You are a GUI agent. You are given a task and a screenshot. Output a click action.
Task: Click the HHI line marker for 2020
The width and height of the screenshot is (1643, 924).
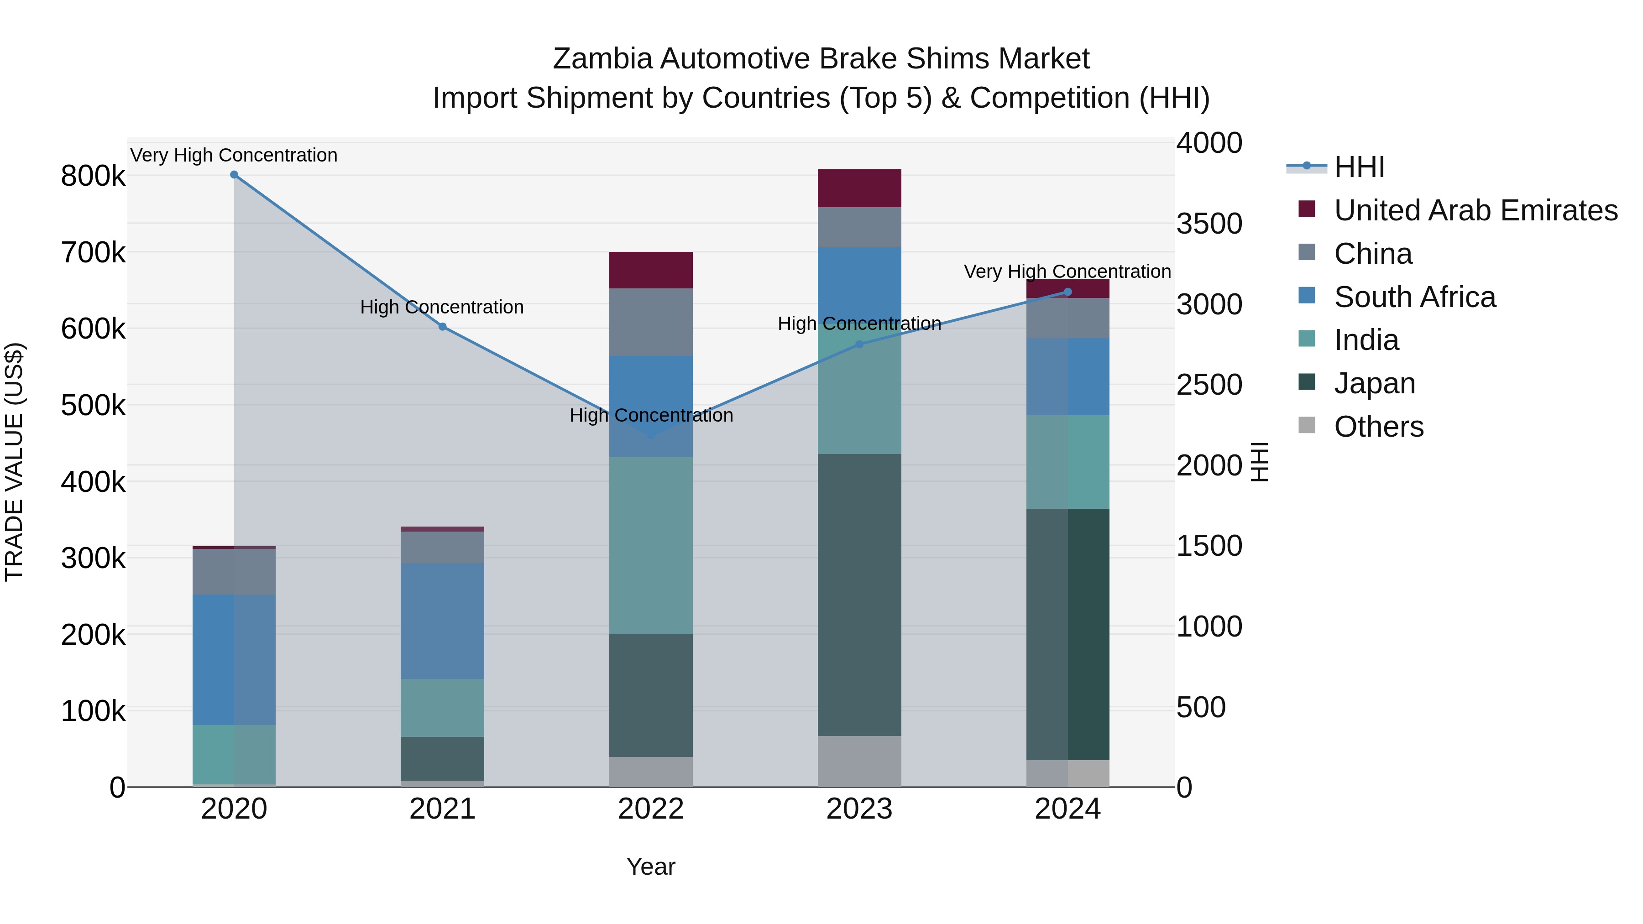(234, 175)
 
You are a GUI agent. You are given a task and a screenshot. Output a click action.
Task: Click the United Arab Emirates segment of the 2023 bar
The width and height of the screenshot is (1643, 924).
(859, 188)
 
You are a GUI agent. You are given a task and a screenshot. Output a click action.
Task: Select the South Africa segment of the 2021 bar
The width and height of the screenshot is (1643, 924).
(442, 621)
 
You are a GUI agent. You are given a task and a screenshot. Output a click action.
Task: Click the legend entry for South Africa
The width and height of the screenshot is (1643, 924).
(1414, 297)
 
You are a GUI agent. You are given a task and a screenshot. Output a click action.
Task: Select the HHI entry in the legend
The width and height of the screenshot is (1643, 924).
(1359, 167)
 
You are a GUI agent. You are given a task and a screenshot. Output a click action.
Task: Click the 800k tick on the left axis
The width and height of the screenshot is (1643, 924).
(93, 177)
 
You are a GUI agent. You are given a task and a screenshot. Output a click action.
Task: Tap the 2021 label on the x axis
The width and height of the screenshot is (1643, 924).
(442, 809)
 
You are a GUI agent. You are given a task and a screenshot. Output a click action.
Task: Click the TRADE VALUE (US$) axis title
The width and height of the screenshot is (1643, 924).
(14, 462)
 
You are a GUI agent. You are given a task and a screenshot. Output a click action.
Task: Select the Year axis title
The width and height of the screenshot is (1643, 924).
(650, 867)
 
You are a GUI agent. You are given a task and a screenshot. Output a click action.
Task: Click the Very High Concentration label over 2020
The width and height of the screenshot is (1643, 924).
(234, 156)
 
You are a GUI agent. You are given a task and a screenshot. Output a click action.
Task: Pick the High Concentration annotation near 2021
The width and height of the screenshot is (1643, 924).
(442, 308)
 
